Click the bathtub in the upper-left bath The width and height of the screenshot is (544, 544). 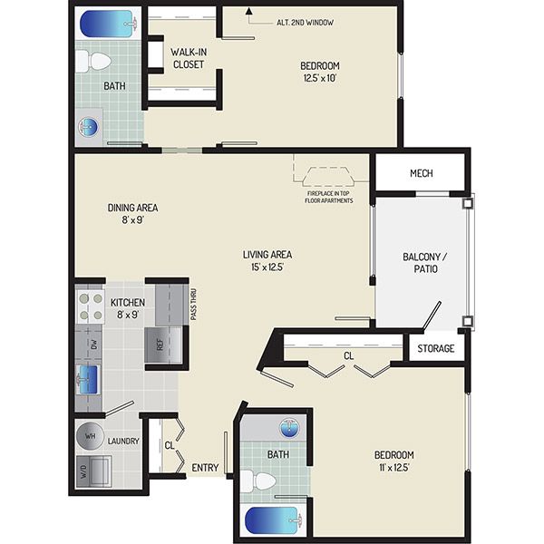click(x=109, y=24)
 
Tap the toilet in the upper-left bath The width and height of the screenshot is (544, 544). click(x=93, y=62)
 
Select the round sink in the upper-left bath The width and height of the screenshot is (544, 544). click(x=89, y=127)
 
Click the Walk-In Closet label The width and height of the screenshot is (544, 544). click(x=189, y=58)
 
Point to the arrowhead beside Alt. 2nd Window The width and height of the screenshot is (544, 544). click(x=248, y=12)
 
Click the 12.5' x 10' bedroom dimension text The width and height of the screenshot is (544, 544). click(x=320, y=78)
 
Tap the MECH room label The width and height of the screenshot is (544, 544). click(x=422, y=173)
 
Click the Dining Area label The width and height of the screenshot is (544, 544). click(x=133, y=208)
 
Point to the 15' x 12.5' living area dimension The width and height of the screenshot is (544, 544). click(x=267, y=267)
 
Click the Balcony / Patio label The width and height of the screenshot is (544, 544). click(x=425, y=263)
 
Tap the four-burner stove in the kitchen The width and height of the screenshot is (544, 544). click(x=90, y=306)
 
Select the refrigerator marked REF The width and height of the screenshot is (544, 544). click(x=163, y=345)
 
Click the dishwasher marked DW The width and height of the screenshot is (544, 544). click(x=89, y=345)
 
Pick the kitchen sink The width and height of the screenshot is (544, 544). click(x=88, y=380)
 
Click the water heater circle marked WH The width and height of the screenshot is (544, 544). click(x=90, y=436)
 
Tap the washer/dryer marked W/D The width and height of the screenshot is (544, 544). click(x=93, y=471)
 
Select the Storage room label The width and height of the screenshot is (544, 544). click(x=436, y=348)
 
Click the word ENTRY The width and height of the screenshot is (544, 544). click(x=206, y=468)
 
